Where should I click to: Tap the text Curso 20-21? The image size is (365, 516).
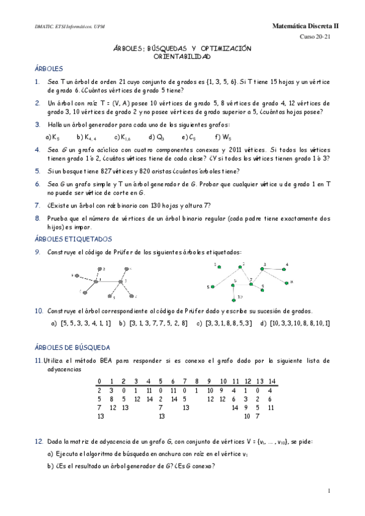[315, 37]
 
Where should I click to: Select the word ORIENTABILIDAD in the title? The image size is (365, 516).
[182, 57]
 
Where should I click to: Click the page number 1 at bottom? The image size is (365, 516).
[328, 490]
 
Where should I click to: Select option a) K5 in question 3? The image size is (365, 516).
[52, 137]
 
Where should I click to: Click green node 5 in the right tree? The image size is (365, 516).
[214, 286]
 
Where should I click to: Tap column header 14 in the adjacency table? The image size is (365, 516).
[272, 381]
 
